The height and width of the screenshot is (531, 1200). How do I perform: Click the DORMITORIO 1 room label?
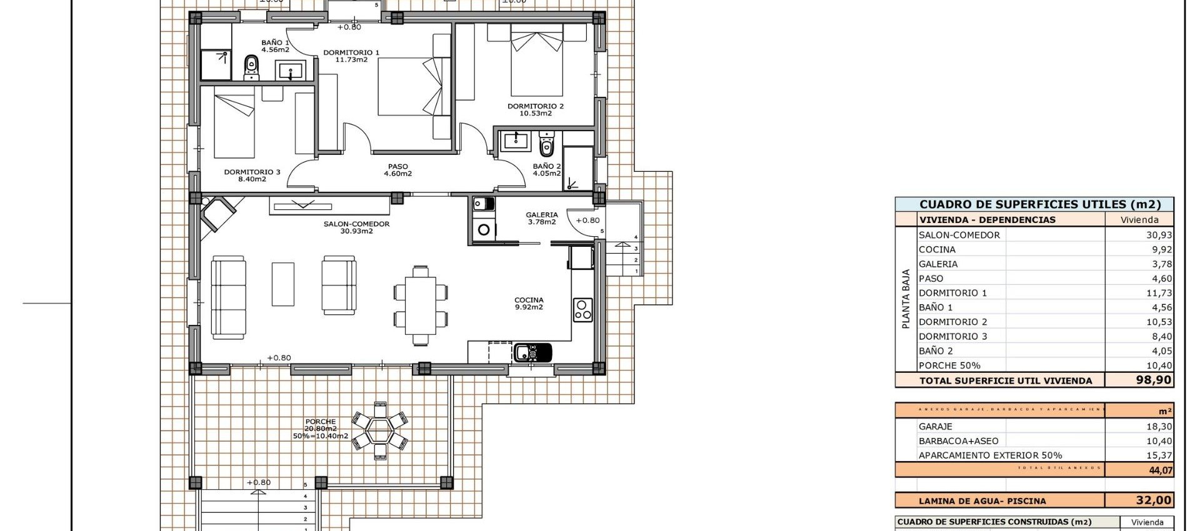[x=351, y=56]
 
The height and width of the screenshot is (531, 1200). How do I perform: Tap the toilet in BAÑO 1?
[x=251, y=67]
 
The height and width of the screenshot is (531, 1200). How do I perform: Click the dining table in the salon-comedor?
[x=420, y=305]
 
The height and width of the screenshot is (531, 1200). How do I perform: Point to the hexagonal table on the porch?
[x=379, y=430]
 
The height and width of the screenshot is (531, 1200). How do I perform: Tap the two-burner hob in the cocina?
[x=582, y=310]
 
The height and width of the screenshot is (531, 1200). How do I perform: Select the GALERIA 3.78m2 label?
[x=542, y=218]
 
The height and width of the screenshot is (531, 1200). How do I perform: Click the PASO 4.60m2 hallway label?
[x=398, y=171]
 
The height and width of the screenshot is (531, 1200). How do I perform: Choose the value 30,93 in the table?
[x=1159, y=235]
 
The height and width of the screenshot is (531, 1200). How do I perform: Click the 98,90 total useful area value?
[x=1154, y=380]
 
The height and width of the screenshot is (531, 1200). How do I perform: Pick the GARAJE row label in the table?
[x=936, y=427]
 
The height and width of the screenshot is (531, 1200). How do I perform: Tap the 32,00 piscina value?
[x=1154, y=500]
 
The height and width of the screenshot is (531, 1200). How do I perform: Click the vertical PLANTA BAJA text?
[x=906, y=299]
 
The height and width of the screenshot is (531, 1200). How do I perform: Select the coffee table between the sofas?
[x=282, y=284]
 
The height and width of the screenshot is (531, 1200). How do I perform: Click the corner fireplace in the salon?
[x=216, y=213]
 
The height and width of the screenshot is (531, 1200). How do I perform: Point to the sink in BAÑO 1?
[x=291, y=70]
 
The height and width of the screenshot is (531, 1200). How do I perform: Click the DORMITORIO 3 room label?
[x=252, y=176]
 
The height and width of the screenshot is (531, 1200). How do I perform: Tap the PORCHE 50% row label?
[x=949, y=365]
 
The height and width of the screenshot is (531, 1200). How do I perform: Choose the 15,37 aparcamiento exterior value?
[x=1159, y=455]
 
